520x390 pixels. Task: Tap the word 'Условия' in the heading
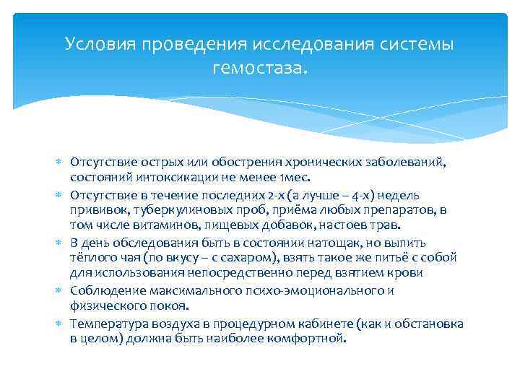tap(100, 44)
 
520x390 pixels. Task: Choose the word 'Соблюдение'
tap(103, 290)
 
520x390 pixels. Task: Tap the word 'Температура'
tap(106, 324)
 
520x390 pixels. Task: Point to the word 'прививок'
tap(95, 210)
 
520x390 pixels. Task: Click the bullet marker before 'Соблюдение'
tap(60, 290)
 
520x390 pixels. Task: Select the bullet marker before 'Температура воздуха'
tap(60, 324)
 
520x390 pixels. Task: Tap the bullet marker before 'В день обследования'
tap(60, 243)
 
